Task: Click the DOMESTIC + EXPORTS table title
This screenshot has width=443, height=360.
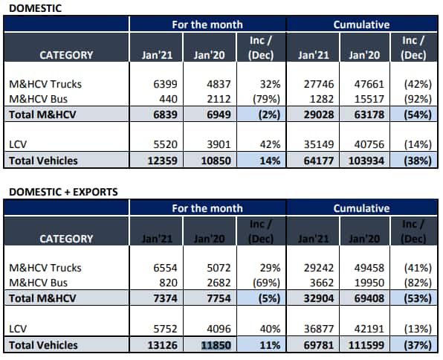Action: click(63, 192)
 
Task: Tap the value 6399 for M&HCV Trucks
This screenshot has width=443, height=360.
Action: click(165, 84)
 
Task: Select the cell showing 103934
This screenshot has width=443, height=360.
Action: click(366, 161)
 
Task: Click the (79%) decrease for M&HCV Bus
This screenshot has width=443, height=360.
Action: click(266, 99)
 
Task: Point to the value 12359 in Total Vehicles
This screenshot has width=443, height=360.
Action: click(163, 161)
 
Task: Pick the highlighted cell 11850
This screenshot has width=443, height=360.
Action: click(216, 345)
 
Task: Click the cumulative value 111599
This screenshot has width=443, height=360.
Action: click(366, 345)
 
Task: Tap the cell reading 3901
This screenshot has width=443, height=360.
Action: click(219, 144)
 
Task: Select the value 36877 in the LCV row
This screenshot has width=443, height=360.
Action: click(319, 329)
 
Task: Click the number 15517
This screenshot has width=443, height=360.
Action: click(369, 99)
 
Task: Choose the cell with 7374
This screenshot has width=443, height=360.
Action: click(165, 298)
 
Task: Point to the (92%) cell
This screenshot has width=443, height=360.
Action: click(418, 99)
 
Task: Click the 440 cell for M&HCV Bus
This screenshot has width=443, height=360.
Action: click(169, 99)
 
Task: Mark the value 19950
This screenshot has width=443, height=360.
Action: click(369, 283)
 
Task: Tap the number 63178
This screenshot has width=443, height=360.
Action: click(369, 115)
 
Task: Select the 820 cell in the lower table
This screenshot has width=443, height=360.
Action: click(169, 283)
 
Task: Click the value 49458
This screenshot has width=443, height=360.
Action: click(369, 268)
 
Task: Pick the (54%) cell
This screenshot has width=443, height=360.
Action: click(418, 115)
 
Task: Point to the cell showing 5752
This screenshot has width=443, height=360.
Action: click(165, 329)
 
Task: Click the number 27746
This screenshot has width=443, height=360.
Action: click(319, 84)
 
